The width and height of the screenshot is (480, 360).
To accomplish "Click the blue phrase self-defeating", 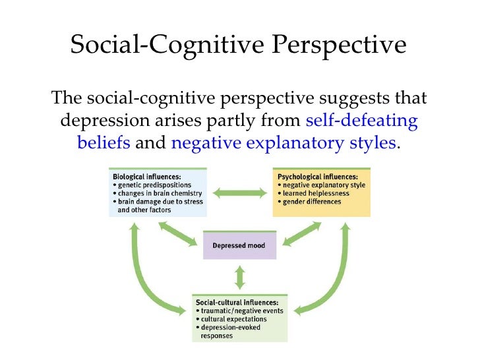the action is [x=363, y=121].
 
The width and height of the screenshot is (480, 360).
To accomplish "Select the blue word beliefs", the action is [x=104, y=142].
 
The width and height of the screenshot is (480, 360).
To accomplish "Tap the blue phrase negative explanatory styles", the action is [x=284, y=142].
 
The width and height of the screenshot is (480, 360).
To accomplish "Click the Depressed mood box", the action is [x=239, y=246].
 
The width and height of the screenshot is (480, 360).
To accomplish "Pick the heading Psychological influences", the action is [x=317, y=177].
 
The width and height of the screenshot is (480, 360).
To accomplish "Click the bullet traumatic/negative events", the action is [x=239, y=311].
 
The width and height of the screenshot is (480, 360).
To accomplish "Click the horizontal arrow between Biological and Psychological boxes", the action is [x=240, y=193].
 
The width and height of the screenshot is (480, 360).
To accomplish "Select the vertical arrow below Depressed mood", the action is [x=240, y=276].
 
